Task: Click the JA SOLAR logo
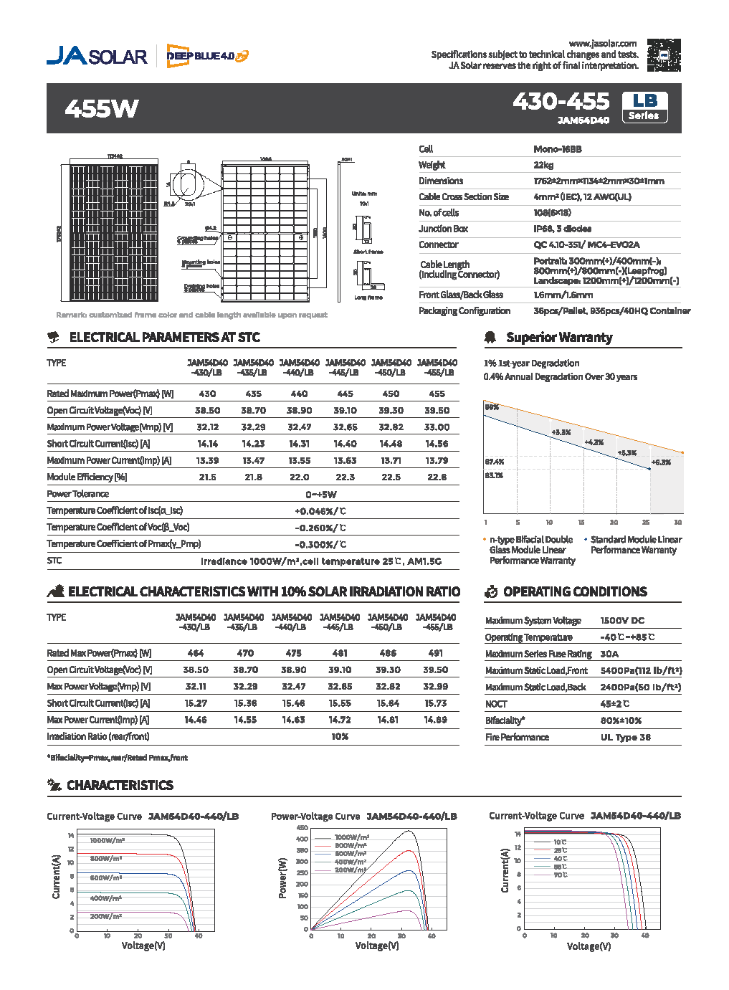coord(97,56)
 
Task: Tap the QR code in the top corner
coord(663,55)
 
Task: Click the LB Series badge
coord(644,108)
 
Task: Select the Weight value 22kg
coord(543,165)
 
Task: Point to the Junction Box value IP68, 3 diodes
coord(562,229)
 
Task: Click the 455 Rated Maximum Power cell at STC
coord(437,394)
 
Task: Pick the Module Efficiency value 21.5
coord(207,477)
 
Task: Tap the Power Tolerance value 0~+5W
coord(320,495)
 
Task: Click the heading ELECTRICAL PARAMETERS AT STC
coord(164,337)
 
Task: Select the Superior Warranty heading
coord(559,337)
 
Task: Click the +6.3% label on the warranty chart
coord(661,462)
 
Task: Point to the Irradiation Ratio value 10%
coord(340,737)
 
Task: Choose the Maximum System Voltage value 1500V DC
coord(622,621)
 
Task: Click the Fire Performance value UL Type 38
coord(625,737)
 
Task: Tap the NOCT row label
coord(496,704)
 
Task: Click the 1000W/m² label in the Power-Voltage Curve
coord(351,837)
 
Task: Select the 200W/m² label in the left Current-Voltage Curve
coord(105,916)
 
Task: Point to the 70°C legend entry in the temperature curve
coord(560,875)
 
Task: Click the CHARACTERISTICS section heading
coord(120,785)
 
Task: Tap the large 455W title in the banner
coord(102,109)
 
